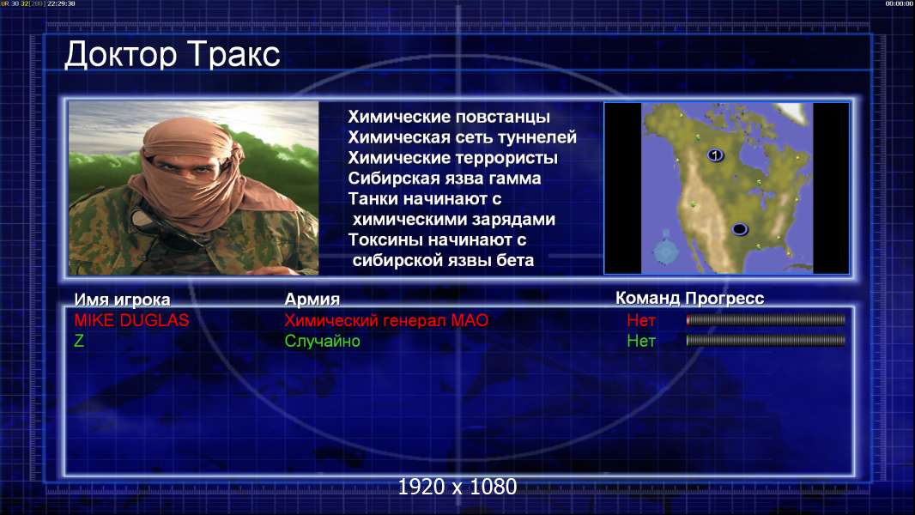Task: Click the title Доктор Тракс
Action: (173, 55)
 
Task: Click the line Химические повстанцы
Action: (449, 117)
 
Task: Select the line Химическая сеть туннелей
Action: (462, 137)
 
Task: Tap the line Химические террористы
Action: (453, 158)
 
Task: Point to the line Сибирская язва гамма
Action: (445, 179)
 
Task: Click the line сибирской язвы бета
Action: (443, 260)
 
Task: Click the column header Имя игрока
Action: (122, 300)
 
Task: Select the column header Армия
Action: (312, 300)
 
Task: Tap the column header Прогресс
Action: (724, 299)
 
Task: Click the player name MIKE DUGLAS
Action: (131, 320)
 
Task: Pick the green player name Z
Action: (79, 341)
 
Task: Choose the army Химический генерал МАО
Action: (386, 320)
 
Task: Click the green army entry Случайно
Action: (322, 341)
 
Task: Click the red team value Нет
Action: (640, 320)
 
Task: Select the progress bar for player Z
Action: (766, 340)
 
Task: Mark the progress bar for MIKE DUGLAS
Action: (766, 319)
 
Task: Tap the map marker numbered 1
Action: (715, 155)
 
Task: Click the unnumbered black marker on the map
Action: (739, 228)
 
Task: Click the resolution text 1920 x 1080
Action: (457, 487)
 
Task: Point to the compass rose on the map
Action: (665, 248)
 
